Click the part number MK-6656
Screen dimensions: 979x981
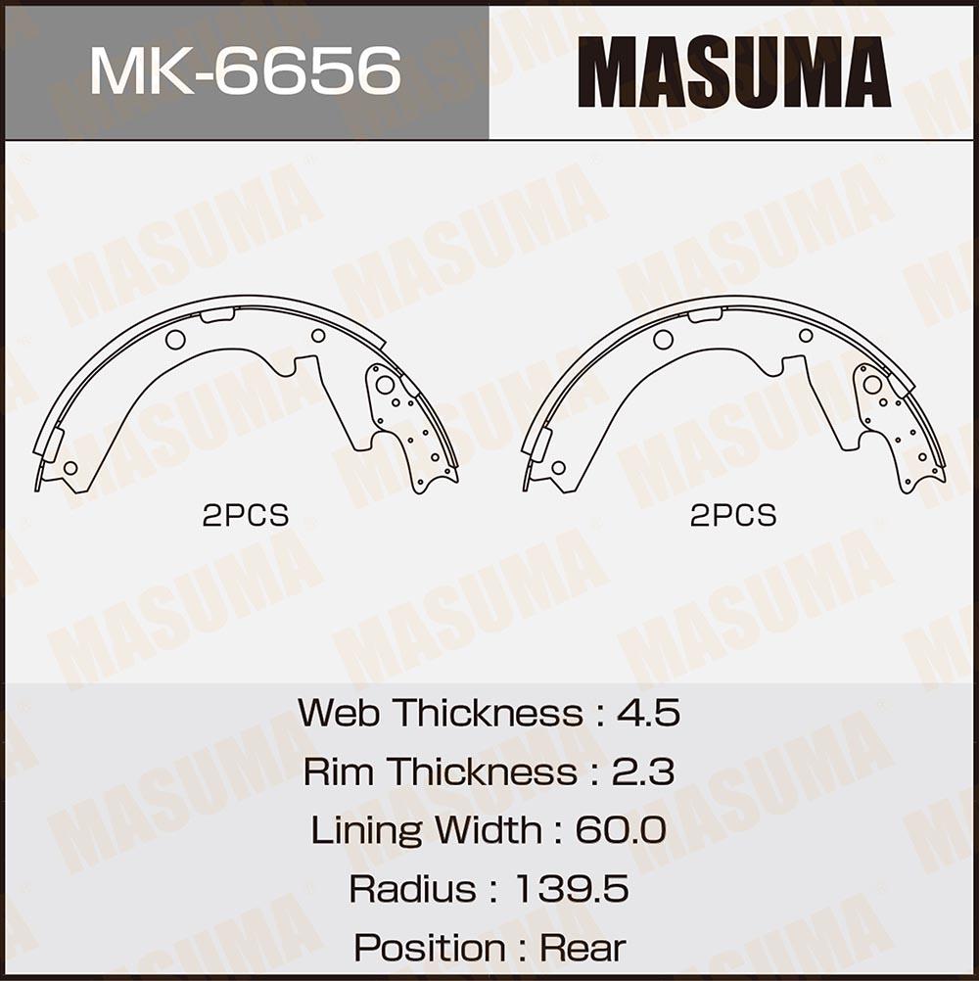point(245,70)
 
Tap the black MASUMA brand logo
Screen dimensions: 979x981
point(734,71)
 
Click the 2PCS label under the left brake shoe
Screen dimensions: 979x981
point(245,516)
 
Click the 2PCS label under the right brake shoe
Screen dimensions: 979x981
point(733,516)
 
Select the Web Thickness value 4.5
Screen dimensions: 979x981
point(648,712)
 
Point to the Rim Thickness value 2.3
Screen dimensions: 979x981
point(643,771)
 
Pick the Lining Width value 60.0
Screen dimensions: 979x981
point(621,829)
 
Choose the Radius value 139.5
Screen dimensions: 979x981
point(572,888)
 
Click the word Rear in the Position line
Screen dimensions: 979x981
point(583,947)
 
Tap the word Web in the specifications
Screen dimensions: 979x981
point(339,712)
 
